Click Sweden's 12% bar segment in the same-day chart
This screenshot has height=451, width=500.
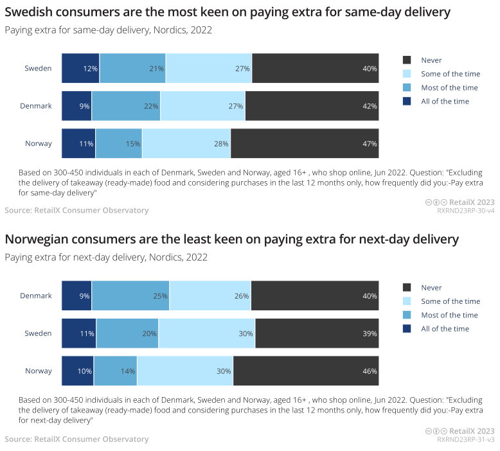[80, 69]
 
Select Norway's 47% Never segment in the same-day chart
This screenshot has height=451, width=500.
[305, 143]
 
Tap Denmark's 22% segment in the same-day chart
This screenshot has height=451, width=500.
[126, 106]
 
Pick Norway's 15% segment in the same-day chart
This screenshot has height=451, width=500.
[119, 143]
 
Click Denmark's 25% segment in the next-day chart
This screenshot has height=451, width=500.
[130, 296]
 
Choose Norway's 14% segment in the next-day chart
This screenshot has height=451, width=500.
[116, 371]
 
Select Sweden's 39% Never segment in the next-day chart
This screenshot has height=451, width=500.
[317, 333]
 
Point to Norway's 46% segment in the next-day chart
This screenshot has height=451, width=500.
[306, 371]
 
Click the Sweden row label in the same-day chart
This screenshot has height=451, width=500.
[38, 69]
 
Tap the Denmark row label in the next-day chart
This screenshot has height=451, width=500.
[36, 296]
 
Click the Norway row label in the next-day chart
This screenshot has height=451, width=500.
[39, 371]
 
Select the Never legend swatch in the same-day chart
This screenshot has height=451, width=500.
[406, 60]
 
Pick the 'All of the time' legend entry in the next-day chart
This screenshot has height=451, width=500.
[445, 329]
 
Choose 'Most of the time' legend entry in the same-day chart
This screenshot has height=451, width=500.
[449, 87]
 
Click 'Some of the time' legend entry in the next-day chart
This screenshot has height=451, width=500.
[450, 301]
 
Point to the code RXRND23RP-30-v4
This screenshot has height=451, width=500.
[465, 210]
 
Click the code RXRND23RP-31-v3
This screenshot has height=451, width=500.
[465, 439]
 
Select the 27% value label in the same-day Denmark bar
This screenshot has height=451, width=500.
[235, 106]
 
